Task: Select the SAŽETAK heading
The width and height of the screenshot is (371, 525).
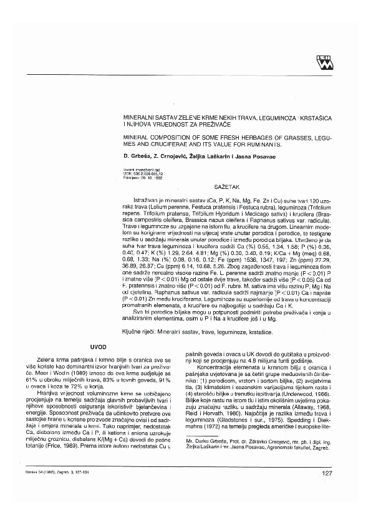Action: (x=226, y=186)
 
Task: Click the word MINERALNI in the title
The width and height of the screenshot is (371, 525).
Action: (x=139, y=117)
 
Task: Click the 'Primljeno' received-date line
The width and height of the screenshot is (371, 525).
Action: (x=143, y=176)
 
